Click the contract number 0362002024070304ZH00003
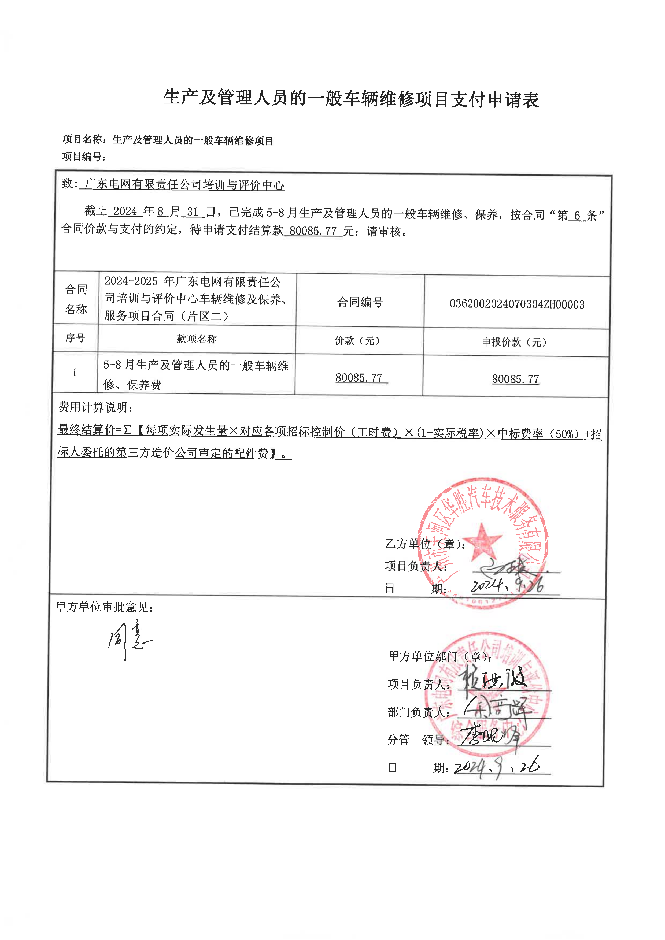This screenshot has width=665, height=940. (517, 304)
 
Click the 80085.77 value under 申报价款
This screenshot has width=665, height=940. (515, 379)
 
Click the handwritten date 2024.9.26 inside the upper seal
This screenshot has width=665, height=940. (507, 585)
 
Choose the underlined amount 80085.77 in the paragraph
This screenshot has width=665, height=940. (313, 231)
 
